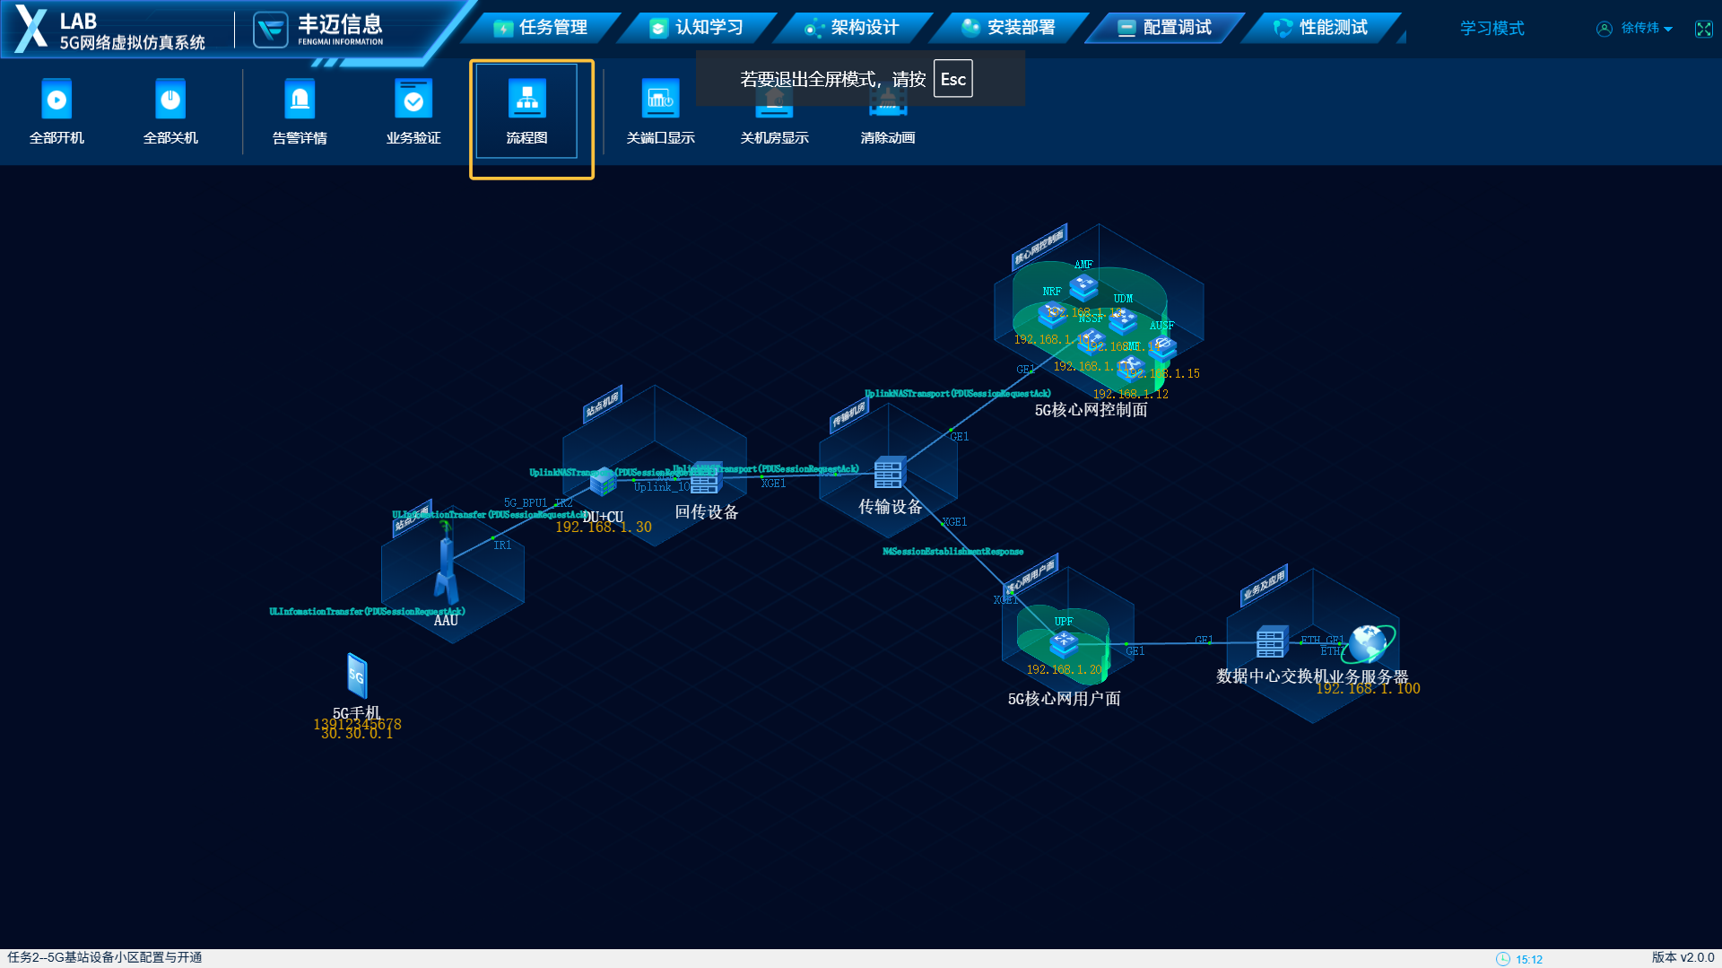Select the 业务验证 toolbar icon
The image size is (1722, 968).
pyautogui.click(x=413, y=100)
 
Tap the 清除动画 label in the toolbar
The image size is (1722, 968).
pyautogui.click(x=887, y=138)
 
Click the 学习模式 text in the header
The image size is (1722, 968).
pyautogui.click(x=1492, y=29)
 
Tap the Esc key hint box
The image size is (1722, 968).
pyautogui.click(x=952, y=79)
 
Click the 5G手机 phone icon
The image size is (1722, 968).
pyautogui.click(x=357, y=676)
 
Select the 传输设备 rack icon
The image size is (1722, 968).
pyautogui.click(x=889, y=473)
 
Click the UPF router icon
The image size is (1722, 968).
pyautogui.click(x=1064, y=641)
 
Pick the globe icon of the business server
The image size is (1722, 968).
pyautogui.click(x=1369, y=642)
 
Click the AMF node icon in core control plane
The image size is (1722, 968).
pyautogui.click(x=1083, y=287)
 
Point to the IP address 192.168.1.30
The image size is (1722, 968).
pyautogui.click(x=603, y=528)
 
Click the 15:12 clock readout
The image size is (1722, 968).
pyautogui.click(x=1528, y=959)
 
